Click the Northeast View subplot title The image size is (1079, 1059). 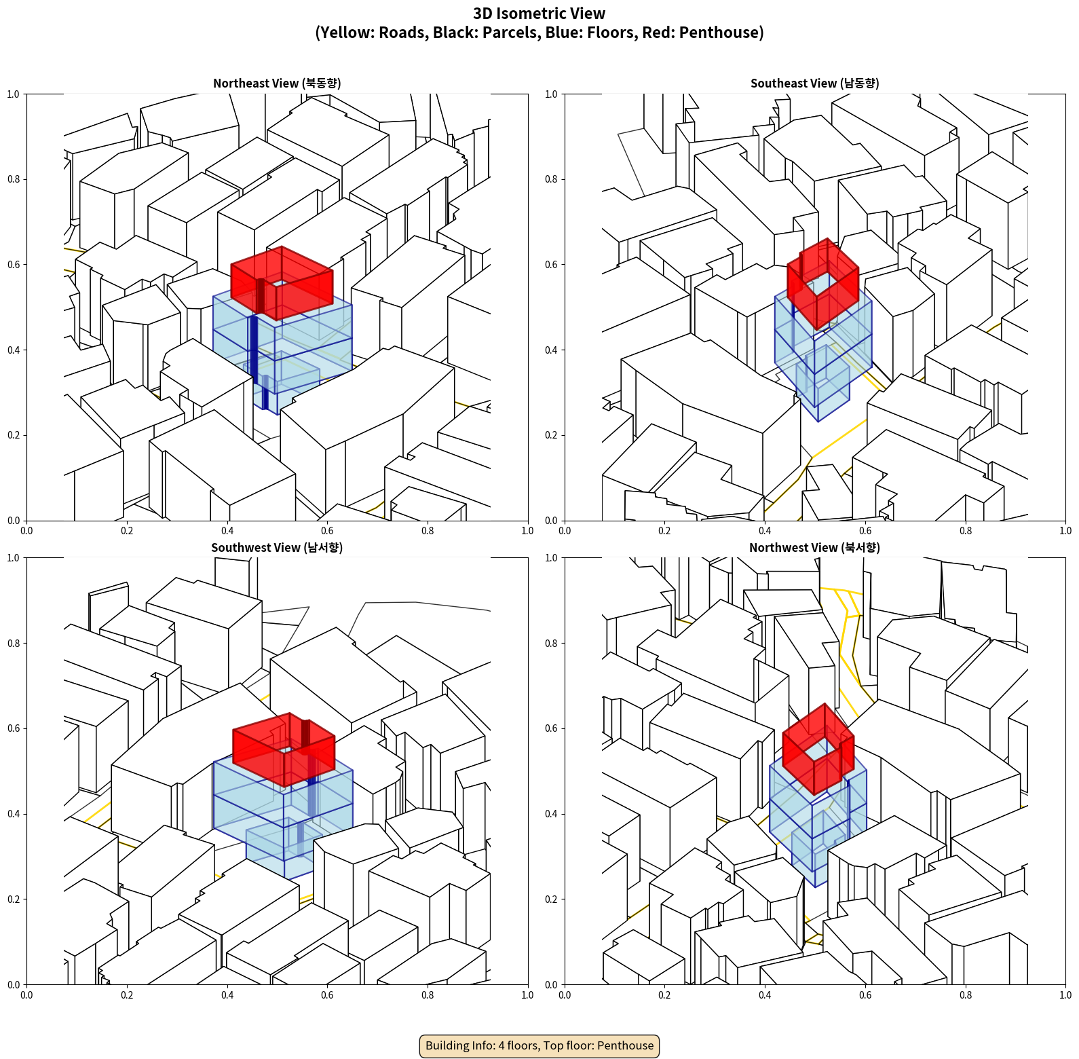pyautogui.click(x=277, y=83)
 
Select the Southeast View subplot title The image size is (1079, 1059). pyautogui.click(x=814, y=83)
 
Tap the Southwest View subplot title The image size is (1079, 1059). pyautogui.click(x=277, y=547)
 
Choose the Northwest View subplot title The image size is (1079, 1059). pyautogui.click(x=814, y=547)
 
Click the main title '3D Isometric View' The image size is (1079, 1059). pyautogui.click(x=539, y=14)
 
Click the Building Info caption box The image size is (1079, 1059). pyautogui.click(x=539, y=1045)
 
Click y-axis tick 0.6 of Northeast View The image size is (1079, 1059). pyautogui.click(x=14, y=265)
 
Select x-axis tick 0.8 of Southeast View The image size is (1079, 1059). pyautogui.click(x=966, y=530)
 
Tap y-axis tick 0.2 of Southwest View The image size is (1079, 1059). pyautogui.click(x=14, y=899)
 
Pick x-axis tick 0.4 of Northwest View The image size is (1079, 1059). pyautogui.click(x=765, y=995)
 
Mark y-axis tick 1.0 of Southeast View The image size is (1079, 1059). pyautogui.click(x=551, y=94)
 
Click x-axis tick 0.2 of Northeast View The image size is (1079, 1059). pyautogui.click(x=127, y=530)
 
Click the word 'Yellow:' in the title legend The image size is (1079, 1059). pyautogui.click(x=346, y=33)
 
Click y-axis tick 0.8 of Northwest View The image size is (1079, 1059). pyautogui.click(x=551, y=643)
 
